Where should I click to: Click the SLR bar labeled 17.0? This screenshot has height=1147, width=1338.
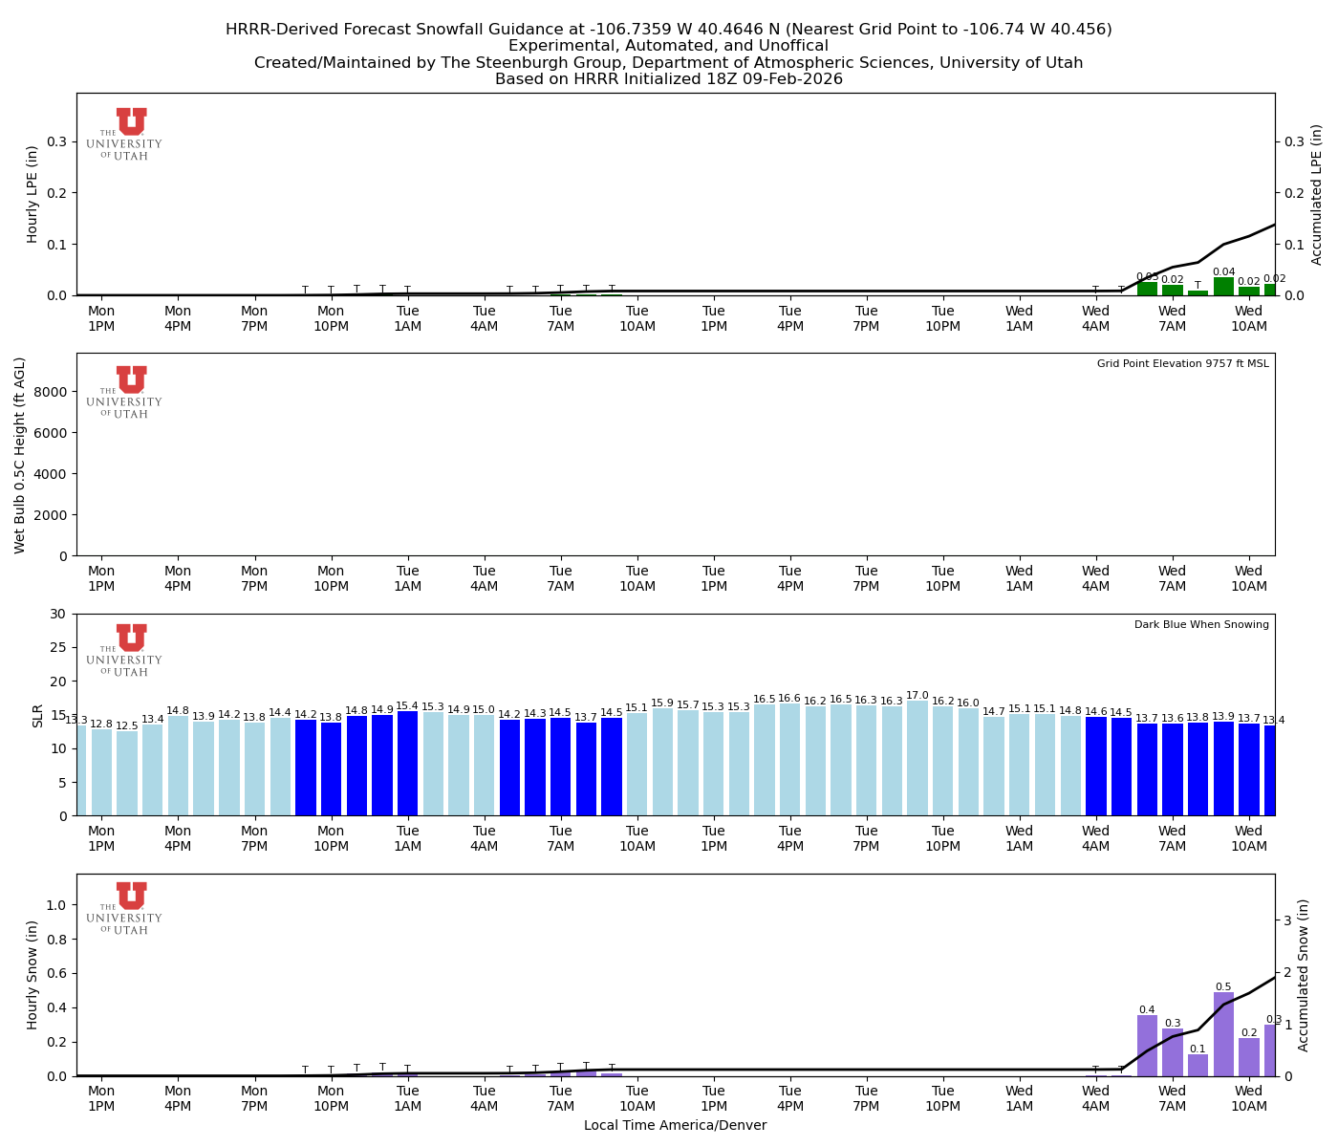point(917,758)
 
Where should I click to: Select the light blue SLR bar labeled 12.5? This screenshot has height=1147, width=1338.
point(127,773)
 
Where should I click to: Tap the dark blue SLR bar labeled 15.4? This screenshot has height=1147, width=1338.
point(407,764)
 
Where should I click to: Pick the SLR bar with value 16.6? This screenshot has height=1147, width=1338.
point(789,760)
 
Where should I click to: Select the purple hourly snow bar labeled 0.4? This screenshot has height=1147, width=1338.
point(1147,1046)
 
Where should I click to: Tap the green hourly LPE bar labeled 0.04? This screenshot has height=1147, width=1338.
point(1223,287)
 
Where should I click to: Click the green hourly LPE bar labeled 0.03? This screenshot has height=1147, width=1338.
point(1147,289)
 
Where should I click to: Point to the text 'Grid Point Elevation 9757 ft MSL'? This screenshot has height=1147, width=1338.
point(1182,364)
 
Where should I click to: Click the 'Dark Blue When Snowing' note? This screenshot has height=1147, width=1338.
point(1201,625)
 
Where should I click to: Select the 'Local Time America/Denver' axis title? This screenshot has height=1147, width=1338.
point(675,1125)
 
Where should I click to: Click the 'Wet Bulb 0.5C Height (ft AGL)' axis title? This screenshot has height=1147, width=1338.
point(20,455)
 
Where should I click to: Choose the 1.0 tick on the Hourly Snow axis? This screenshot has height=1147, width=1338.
point(55,905)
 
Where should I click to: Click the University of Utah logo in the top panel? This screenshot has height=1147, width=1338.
point(125,135)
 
